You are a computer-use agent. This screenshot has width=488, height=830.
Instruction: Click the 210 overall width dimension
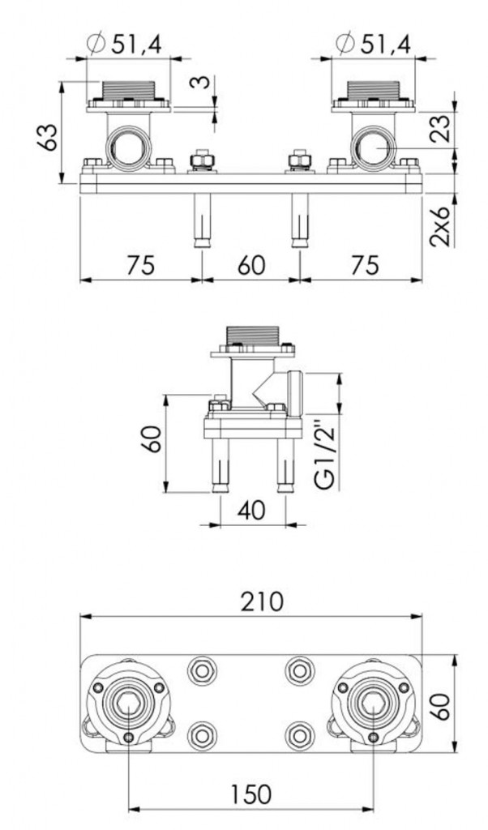262,602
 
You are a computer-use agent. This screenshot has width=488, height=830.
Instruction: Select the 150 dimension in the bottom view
250,794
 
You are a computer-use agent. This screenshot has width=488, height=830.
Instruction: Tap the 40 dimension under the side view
252,511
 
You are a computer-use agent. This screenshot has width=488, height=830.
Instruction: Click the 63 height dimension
49,136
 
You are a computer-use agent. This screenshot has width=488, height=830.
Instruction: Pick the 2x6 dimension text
440,227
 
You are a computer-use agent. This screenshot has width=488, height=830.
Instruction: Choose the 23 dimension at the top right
442,128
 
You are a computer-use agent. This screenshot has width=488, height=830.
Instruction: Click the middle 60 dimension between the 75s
250,265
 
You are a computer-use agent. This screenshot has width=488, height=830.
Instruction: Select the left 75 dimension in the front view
141,265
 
